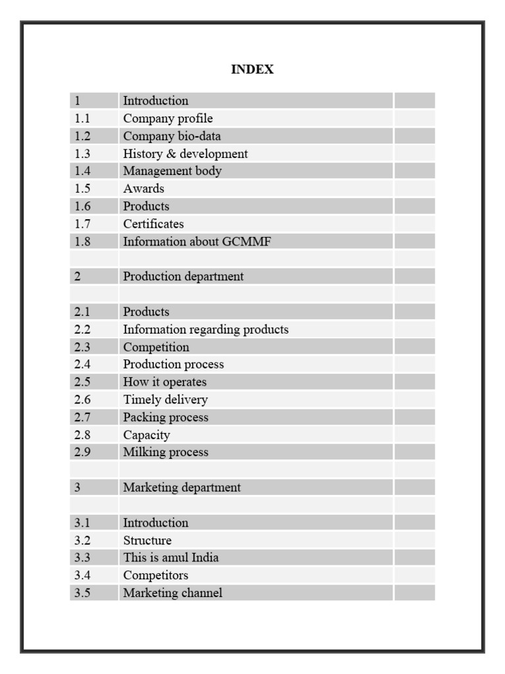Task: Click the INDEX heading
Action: coord(252,69)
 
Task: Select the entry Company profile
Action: coord(168,118)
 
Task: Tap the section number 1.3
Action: coord(82,153)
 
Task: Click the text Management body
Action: coord(172,171)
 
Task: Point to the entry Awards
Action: coord(143,189)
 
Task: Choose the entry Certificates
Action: coord(153,224)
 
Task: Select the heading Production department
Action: coord(183,276)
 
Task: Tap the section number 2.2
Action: coord(82,329)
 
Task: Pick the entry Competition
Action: coord(156,347)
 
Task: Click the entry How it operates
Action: coord(164,382)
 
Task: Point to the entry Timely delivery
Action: coord(165,400)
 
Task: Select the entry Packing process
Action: coord(166,417)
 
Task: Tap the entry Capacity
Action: coord(146,435)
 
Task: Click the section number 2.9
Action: coord(82,452)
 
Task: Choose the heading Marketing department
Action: coord(181,488)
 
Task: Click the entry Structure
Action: coord(147,540)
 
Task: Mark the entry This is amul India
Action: coord(171,557)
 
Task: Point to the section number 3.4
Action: coord(82,575)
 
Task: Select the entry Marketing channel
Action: coord(172,593)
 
